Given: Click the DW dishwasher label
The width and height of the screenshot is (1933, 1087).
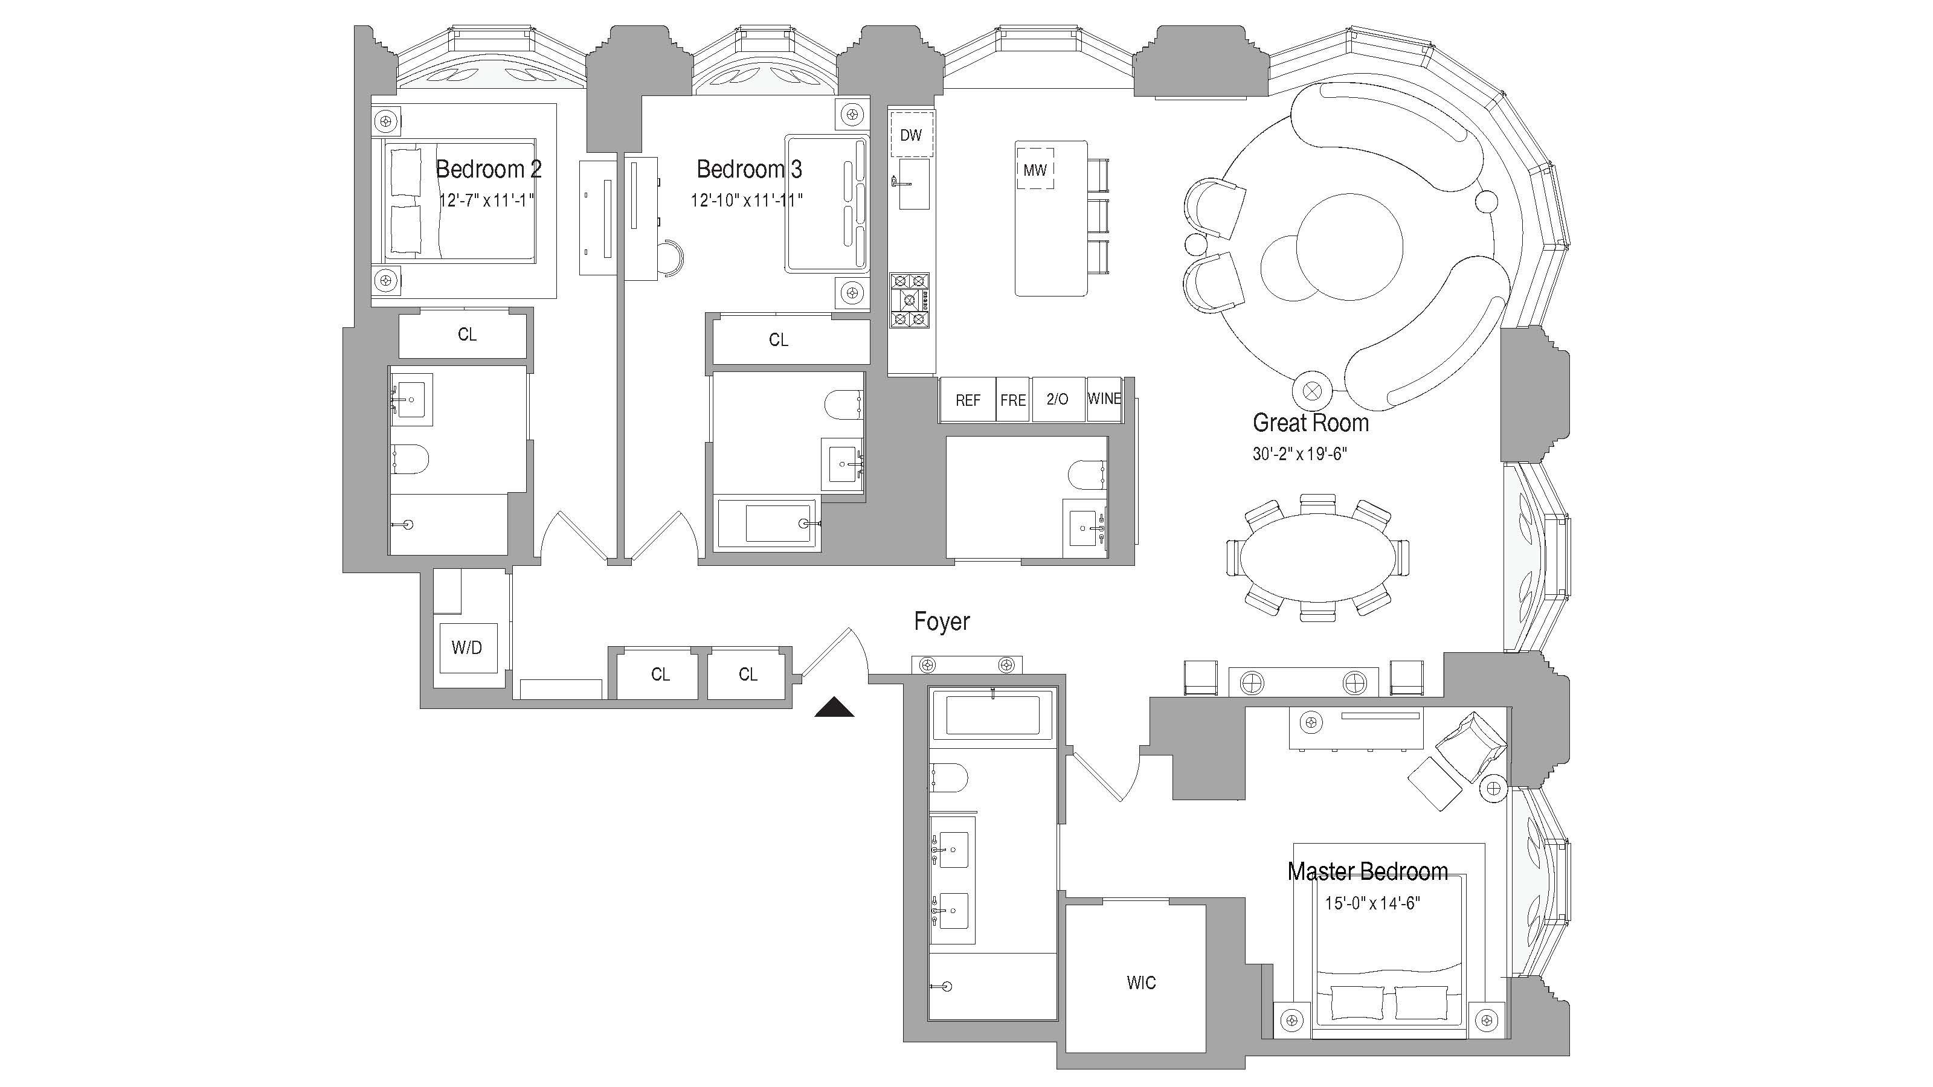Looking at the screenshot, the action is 910,135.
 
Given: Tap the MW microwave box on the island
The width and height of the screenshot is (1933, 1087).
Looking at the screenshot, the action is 1035,170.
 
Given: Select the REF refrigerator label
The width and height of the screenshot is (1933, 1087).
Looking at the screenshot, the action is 967,400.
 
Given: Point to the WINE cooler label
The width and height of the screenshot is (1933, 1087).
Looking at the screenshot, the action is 1104,399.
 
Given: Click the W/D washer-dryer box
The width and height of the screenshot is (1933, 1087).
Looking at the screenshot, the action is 467,647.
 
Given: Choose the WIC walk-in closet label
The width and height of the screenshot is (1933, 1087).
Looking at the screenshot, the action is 1140,983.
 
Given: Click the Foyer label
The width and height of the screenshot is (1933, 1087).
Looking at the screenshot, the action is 942,621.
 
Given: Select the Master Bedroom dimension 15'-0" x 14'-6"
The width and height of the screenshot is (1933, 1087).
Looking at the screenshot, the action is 1372,903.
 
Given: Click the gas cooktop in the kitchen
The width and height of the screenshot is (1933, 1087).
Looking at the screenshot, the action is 910,301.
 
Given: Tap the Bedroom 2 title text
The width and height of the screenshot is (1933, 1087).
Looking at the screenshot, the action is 489,169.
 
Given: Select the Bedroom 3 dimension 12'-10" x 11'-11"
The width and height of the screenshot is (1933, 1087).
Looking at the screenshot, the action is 747,200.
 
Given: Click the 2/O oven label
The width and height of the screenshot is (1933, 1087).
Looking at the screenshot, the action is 1057,399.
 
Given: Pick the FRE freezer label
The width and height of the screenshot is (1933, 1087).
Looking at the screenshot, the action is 1012,400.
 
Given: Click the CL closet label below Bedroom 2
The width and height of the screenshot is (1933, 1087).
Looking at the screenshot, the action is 467,335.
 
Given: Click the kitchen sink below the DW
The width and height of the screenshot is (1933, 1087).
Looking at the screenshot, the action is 913,184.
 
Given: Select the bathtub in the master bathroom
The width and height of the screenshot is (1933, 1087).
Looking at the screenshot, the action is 992,714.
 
